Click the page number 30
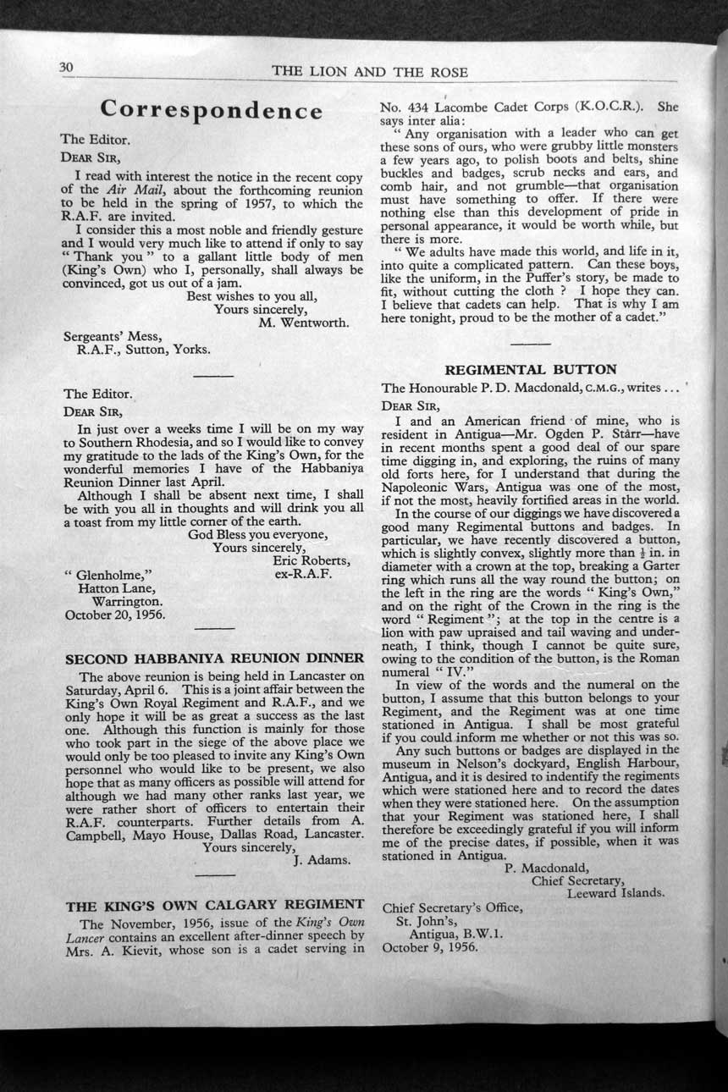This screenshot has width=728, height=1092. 67,67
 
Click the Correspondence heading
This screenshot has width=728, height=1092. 211,111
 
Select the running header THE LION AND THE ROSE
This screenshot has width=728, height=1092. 370,72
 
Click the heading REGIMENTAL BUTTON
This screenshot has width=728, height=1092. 531,369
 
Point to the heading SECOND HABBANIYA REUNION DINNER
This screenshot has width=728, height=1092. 215,658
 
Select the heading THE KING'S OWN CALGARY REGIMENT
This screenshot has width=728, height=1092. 215,904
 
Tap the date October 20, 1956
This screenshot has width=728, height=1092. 115,615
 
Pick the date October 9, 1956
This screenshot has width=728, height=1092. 430,946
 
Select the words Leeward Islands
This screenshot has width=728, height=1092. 615,892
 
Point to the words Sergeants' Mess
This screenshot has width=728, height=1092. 113,336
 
